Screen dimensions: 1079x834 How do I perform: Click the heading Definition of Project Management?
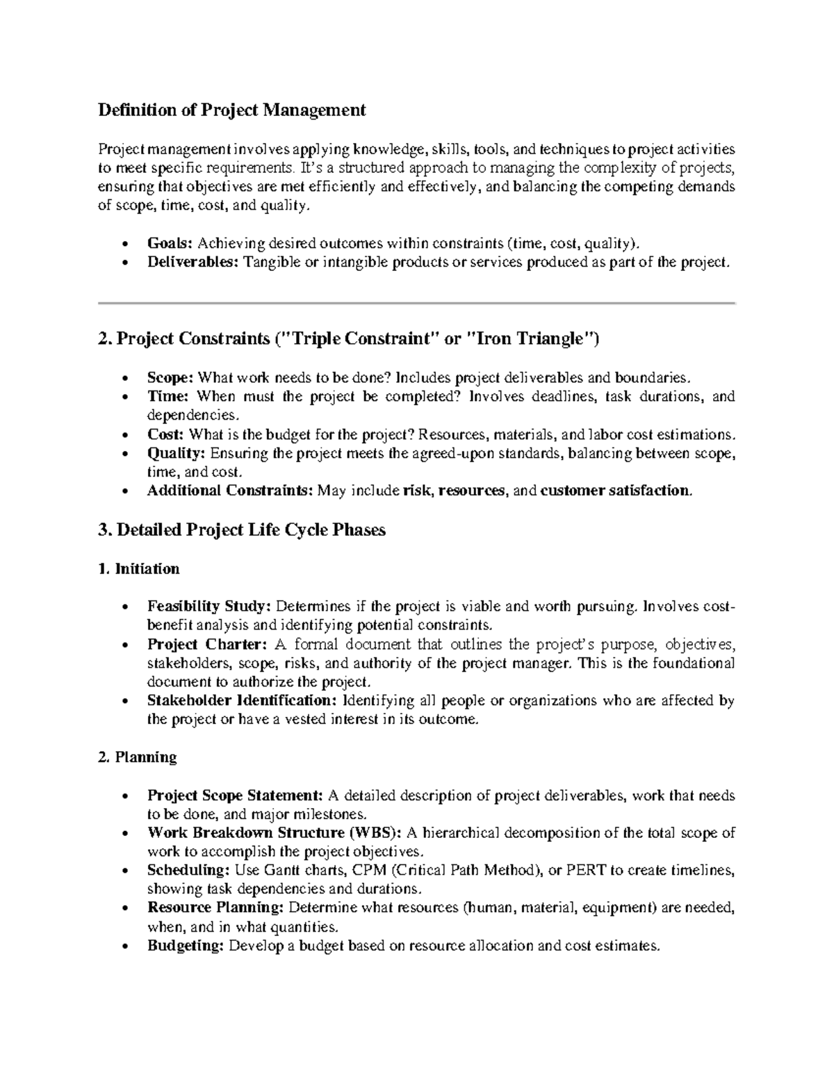tap(231, 110)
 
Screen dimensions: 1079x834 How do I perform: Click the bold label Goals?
tap(170, 243)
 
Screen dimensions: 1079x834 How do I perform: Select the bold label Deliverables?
tap(193, 262)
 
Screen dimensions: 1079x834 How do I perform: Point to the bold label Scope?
tap(170, 378)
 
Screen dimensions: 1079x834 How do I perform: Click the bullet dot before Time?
tap(124, 397)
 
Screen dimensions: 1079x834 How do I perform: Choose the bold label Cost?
tap(165, 435)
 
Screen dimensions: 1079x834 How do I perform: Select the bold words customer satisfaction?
tap(616, 491)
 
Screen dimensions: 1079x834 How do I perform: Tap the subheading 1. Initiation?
tap(139, 569)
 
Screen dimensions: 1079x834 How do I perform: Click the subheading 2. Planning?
tap(138, 757)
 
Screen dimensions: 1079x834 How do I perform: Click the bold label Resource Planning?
tap(215, 907)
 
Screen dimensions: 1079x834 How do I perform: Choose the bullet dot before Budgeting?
tap(124, 946)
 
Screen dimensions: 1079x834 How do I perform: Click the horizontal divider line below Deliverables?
tap(417, 304)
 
